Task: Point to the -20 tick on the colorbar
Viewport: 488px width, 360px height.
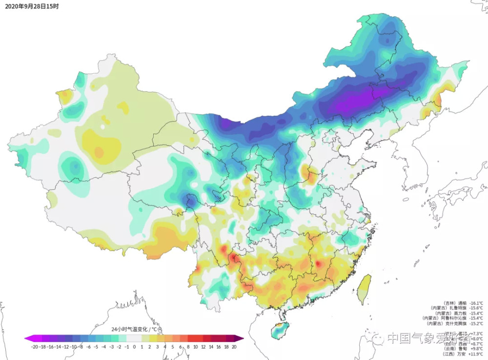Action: coord(34,346)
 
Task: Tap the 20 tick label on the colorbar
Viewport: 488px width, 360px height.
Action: coord(234,346)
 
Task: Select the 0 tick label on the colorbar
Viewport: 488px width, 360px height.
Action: coord(134,346)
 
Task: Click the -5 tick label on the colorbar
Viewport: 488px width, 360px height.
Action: coord(96,346)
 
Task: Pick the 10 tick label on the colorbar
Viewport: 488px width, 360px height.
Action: coord(195,346)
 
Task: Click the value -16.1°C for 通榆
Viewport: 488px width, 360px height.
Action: coord(476,303)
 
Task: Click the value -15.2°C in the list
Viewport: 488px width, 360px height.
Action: coord(476,323)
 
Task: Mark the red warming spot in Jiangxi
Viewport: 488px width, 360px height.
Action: coord(318,264)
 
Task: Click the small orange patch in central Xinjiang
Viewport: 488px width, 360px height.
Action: coord(99,153)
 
